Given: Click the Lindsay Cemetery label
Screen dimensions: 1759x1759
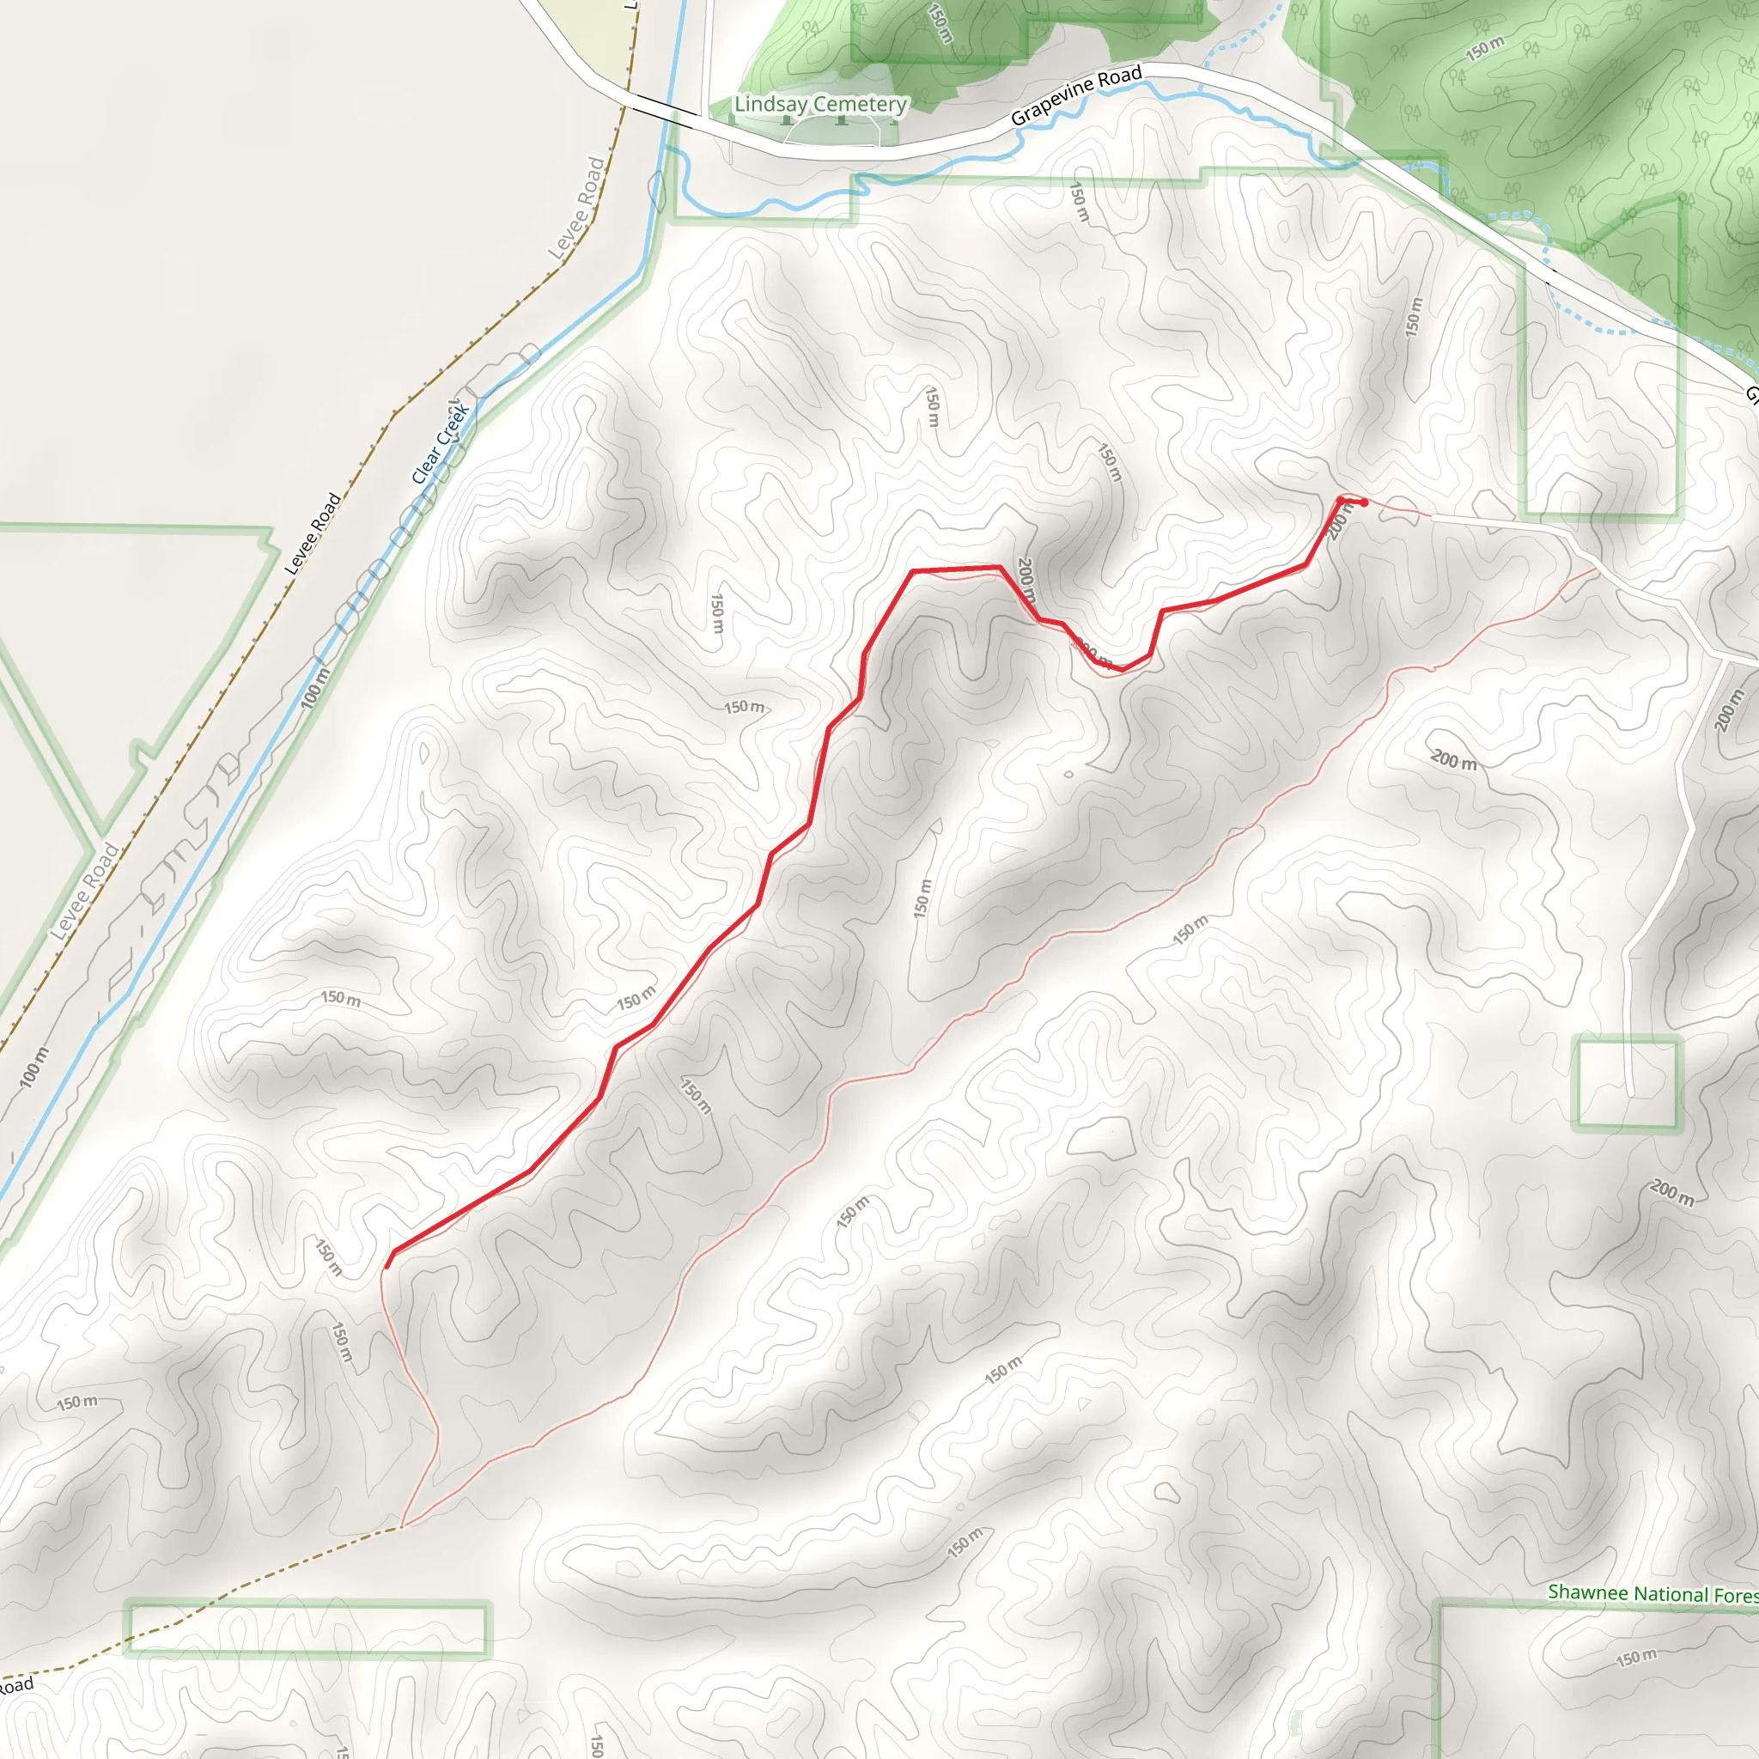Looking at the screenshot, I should [819, 104].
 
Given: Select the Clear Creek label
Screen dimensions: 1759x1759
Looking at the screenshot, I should [441, 444].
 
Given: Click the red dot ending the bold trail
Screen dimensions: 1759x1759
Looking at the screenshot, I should [1364, 502].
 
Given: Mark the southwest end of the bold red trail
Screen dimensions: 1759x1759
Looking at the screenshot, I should [387, 1265].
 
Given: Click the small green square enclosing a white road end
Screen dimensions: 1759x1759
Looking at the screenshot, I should [1627, 1083].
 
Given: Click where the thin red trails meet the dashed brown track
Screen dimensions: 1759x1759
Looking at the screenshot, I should [401, 1527].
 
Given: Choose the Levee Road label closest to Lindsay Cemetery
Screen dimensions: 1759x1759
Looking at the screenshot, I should [579, 209].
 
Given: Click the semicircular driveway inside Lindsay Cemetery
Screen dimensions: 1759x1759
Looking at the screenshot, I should [832, 131].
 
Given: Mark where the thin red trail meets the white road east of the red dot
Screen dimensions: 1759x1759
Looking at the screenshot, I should [1430, 516].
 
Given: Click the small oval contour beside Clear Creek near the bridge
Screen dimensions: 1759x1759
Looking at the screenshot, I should [657, 192].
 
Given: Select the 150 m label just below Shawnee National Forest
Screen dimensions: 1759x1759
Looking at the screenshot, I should [1636, 1658].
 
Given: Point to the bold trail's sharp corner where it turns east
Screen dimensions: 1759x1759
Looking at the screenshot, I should [913, 571].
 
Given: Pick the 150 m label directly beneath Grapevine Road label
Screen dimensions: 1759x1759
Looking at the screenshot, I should [1077, 202].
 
